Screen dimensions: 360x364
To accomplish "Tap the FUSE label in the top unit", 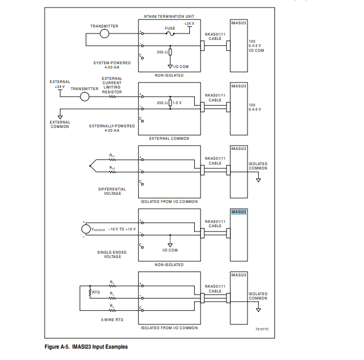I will [x=170, y=28].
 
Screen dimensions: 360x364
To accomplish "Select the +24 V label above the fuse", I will [x=189, y=24].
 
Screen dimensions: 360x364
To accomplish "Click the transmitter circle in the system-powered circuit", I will [x=105, y=34].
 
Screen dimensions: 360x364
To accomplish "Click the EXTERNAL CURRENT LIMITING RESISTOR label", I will [x=112, y=85].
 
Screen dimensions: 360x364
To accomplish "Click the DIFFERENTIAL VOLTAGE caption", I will [x=112, y=191].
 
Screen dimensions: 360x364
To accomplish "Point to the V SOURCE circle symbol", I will [x=86, y=229].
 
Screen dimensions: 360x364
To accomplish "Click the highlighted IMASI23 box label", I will [x=239, y=212].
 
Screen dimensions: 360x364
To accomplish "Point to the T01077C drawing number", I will [x=262, y=328].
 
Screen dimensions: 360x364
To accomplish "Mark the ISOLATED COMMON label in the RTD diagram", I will [x=258, y=296].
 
